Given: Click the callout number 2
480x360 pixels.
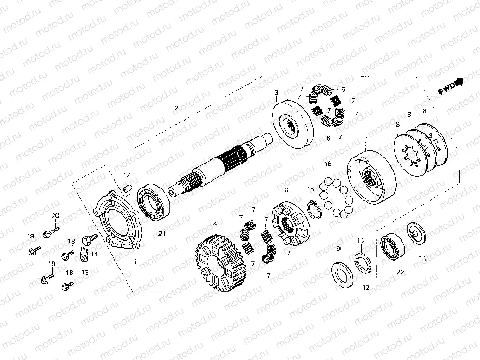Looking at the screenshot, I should click(x=176, y=108).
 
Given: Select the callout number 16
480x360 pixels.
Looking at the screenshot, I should click(x=328, y=164).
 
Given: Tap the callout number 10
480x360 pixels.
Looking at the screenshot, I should click(x=284, y=190).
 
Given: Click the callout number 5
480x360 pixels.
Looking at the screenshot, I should click(x=366, y=137).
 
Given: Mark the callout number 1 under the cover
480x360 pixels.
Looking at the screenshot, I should click(x=135, y=262).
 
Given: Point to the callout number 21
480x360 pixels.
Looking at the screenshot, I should click(x=162, y=234).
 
